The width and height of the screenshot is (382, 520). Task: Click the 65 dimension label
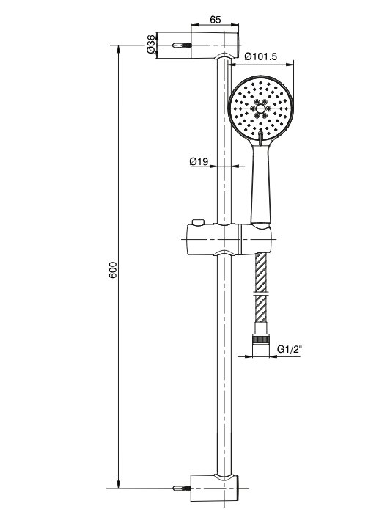(216, 20)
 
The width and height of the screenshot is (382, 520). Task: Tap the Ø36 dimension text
(151, 44)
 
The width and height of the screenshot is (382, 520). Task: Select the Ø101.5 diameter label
(260, 56)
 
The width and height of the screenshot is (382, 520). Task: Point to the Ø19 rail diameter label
(199, 161)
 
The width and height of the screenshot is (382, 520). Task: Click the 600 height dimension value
(113, 270)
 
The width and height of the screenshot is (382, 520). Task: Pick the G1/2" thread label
(290, 349)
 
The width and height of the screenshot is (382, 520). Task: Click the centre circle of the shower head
(260, 109)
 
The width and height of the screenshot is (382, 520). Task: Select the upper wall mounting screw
(182, 45)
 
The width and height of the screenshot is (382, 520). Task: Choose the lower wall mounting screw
(182, 488)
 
